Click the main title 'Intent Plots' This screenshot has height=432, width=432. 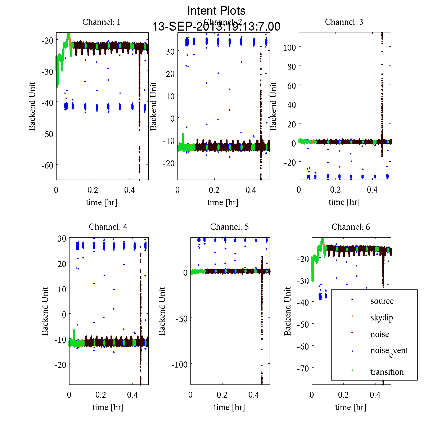click(216, 10)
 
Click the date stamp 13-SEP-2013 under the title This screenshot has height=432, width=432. click(216, 27)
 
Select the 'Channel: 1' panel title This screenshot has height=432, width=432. click(102, 22)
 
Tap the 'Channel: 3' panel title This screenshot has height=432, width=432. click(344, 22)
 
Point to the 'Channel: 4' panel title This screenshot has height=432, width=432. click(108, 227)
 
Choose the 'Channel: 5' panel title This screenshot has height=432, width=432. click(229, 227)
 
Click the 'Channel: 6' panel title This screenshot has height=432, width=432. click(351, 227)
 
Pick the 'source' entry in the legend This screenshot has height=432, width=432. click(382, 301)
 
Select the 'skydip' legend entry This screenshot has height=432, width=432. click(382, 318)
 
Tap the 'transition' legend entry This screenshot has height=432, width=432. click(387, 372)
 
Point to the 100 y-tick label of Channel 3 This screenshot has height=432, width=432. click(289, 47)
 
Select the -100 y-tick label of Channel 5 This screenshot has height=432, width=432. click(179, 364)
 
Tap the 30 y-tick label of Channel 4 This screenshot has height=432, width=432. click(62, 238)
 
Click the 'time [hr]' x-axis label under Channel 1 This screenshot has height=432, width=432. click(102, 202)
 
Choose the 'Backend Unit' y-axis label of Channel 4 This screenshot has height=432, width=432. click(45, 311)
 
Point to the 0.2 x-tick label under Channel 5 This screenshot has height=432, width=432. click(222, 395)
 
